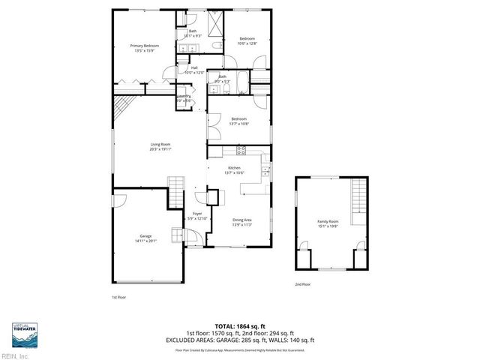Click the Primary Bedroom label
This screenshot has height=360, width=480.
145,49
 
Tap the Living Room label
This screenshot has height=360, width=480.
160,147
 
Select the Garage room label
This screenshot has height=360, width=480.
145,238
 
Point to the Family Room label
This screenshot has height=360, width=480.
328,224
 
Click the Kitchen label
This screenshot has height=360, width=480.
235,171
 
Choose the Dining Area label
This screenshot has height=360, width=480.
241,222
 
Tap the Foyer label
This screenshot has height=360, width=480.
197,216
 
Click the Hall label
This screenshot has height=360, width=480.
193,70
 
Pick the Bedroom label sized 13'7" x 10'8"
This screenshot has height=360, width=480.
239,121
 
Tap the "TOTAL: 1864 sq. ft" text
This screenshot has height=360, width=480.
240,326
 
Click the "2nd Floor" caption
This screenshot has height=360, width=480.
302,284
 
